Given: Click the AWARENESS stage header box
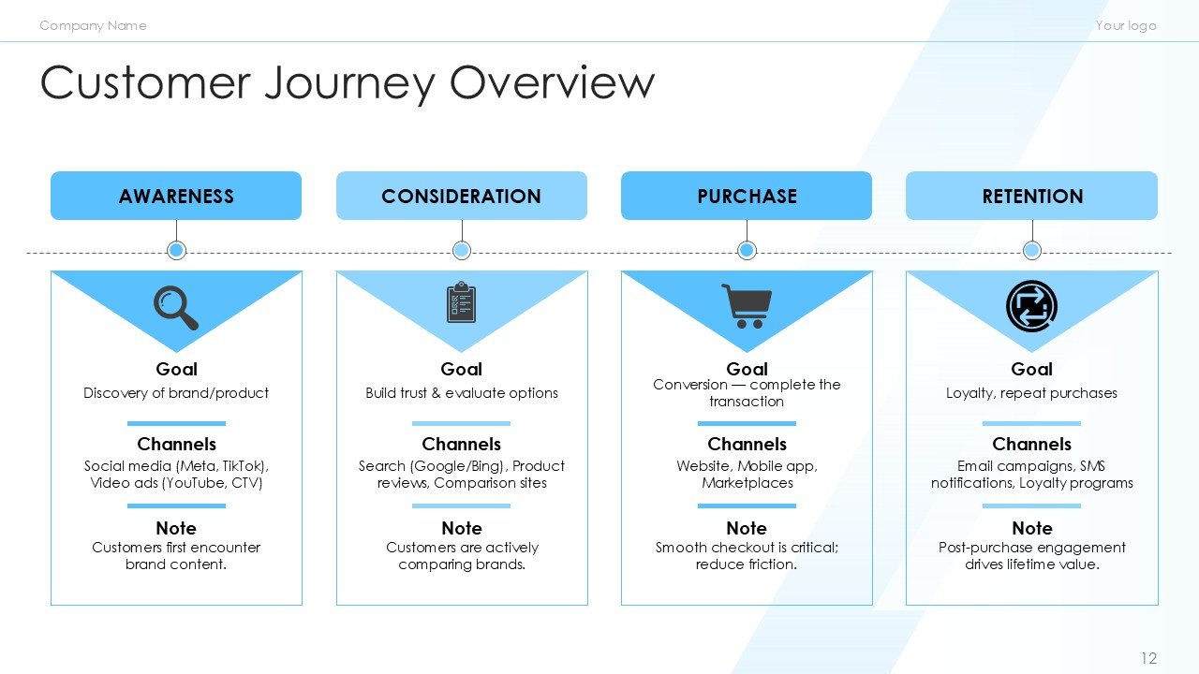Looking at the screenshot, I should pos(176,196).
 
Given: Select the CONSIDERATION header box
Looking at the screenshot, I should pos(461,196).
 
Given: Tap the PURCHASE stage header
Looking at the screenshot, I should pos(747,196).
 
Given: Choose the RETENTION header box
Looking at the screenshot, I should pos(1031,196).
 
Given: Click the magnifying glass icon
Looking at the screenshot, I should pos(175,307).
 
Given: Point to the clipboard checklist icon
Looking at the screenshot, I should pos(461,302).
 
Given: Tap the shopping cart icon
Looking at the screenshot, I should pos(747,305).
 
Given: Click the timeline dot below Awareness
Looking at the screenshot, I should pos(176,250).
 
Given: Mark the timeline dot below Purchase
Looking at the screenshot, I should pos(747,250).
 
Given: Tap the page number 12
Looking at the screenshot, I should pos(1148,658).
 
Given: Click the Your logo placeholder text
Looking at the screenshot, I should pos(1125,25).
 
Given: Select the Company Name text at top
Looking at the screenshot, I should pos(93,25).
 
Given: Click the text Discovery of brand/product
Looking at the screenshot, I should pos(176,393).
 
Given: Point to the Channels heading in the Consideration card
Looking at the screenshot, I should pos(461,444).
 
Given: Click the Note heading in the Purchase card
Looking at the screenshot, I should pos(747,528).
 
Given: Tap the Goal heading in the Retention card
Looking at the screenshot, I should pos(1031,369).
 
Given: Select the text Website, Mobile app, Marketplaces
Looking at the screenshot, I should pos(747,475).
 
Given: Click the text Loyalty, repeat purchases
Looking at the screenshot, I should pos(1031,393).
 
